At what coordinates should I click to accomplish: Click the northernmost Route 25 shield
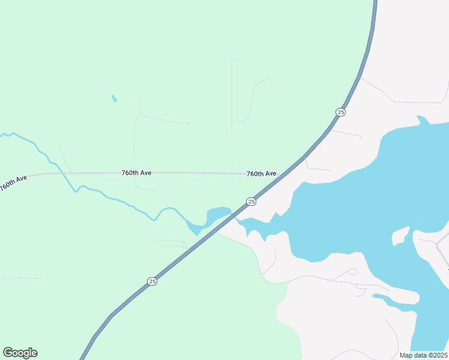click(341, 112)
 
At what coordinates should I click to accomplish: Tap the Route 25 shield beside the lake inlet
click(252, 201)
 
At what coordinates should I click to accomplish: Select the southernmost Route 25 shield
click(152, 281)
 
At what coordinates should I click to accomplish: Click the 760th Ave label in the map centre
click(136, 173)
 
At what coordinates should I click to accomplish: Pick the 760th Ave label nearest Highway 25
click(261, 173)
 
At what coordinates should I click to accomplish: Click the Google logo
click(20, 353)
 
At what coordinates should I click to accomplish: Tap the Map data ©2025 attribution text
click(423, 355)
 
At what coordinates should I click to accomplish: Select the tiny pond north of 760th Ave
click(114, 98)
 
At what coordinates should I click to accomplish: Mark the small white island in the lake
click(400, 236)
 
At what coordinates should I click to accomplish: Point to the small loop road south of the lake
click(352, 271)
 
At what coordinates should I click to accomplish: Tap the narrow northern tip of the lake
click(422, 120)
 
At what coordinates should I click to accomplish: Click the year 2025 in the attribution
click(438, 355)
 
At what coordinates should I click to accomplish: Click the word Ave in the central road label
click(145, 173)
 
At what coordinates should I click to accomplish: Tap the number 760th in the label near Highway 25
click(255, 173)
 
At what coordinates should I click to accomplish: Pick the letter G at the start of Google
click(7, 353)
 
